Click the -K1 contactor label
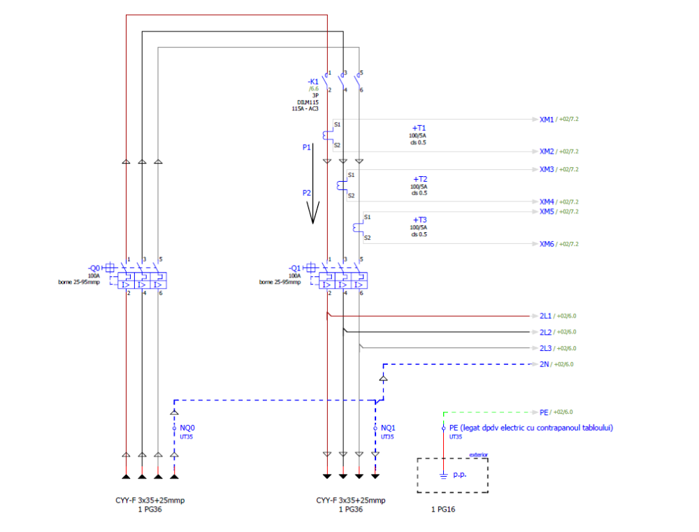pos(312,82)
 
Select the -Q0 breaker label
pos(94,268)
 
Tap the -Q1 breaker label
pos(294,268)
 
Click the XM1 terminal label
pos(547,120)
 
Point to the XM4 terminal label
pos(547,202)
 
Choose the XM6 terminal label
pos(547,244)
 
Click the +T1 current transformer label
pos(419,128)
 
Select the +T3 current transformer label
pos(419,220)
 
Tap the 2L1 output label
pos(546,316)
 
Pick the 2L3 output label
pos(546,348)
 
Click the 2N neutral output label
pos(545,364)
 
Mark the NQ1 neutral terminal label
pos(389,428)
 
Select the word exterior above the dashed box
pos(478,455)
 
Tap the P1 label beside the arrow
pos(306,148)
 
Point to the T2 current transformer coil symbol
pos(341,185)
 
